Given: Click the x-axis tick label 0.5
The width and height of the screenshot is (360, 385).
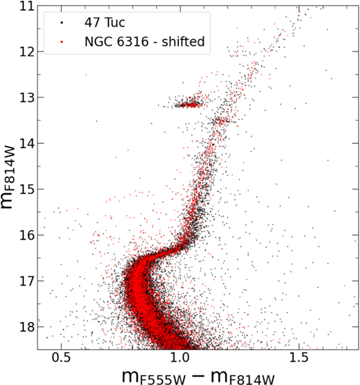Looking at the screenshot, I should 62,357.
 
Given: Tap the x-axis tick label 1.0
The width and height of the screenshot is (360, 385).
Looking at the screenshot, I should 180,357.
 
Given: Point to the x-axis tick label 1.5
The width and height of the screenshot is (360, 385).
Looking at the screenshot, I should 298,357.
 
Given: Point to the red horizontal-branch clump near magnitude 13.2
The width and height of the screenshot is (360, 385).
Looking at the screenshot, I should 188,105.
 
